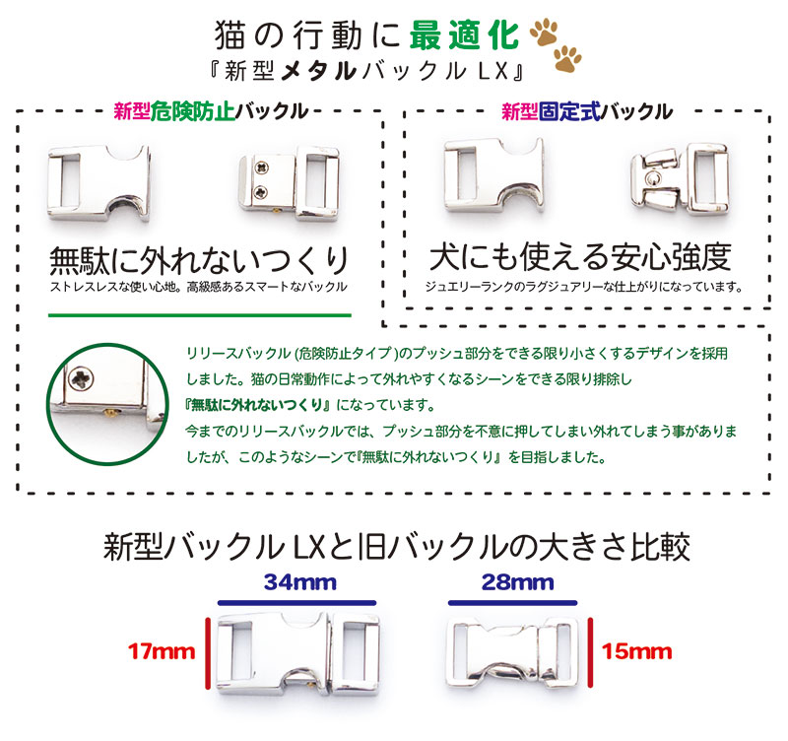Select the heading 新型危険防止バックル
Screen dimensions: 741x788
pos(211,111)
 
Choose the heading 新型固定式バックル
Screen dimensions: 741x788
pos(587,111)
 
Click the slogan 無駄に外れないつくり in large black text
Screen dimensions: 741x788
pos(199,260)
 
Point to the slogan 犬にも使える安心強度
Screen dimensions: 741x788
pos(581,257)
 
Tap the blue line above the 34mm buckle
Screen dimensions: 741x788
pos(296,601)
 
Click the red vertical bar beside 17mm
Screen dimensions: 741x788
pos(207,651)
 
